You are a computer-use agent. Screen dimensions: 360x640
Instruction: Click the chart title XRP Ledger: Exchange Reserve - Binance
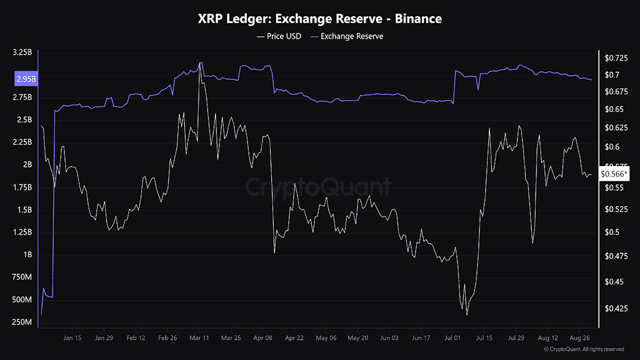pos(320,19)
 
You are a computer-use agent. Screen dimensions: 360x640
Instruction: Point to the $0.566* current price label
pos(614,174)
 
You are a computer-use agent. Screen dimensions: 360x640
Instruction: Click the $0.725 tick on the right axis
pos(617,58)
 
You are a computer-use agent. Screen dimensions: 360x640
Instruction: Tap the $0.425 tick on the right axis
pos(617,308)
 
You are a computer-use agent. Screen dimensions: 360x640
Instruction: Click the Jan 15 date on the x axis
pos(72,337)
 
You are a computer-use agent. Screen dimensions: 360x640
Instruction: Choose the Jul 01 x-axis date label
pos(453,337)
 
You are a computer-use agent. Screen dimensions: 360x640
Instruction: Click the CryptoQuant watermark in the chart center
pos(317,187)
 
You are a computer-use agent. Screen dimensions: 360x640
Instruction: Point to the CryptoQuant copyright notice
pos(584,349)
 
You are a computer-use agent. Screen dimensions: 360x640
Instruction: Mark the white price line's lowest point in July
pos(467,314)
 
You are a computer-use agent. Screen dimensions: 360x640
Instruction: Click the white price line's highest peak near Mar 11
pos(200,62)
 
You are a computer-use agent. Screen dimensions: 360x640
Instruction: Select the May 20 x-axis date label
pos(357,337)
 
